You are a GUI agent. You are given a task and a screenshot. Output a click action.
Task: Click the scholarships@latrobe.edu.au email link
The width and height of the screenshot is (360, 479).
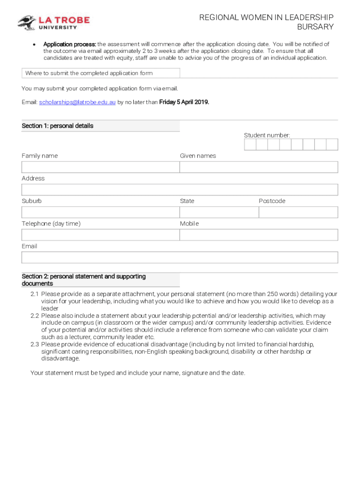77,102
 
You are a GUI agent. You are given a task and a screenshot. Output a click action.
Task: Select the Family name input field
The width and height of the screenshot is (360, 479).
100,167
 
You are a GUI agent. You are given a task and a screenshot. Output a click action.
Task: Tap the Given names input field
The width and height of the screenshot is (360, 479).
259,167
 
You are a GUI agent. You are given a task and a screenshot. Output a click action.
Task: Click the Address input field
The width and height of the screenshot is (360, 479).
180,189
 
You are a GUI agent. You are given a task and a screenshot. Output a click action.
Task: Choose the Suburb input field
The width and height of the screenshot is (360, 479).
100,212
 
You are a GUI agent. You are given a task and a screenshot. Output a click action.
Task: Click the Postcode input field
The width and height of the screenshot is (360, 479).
298,212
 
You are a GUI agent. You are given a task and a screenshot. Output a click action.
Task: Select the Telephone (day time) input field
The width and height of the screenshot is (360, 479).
100,235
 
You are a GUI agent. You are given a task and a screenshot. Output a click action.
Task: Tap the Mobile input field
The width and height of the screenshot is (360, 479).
259,235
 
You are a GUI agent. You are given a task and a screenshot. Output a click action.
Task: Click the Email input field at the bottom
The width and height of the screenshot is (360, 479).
180,257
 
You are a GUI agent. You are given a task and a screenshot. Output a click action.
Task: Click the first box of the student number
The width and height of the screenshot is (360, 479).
250,145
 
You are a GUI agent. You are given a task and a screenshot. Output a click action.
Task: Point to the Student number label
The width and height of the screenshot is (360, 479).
267,135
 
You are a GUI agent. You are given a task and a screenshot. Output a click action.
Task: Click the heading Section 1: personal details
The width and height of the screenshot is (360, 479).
58,126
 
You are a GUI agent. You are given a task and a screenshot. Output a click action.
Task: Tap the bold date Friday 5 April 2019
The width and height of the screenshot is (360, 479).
184,102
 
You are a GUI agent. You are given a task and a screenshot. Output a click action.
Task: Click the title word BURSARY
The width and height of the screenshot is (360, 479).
316,27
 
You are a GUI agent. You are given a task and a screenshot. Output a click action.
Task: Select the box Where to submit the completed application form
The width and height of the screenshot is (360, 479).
101,73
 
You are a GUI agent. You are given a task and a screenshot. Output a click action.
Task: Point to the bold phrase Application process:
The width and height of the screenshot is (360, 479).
70,44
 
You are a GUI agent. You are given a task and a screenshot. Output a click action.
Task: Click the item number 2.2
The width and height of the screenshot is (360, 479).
35,316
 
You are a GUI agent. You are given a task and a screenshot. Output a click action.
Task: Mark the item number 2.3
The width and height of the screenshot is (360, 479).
35,344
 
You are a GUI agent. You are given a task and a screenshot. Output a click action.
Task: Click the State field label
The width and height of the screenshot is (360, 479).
187,201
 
